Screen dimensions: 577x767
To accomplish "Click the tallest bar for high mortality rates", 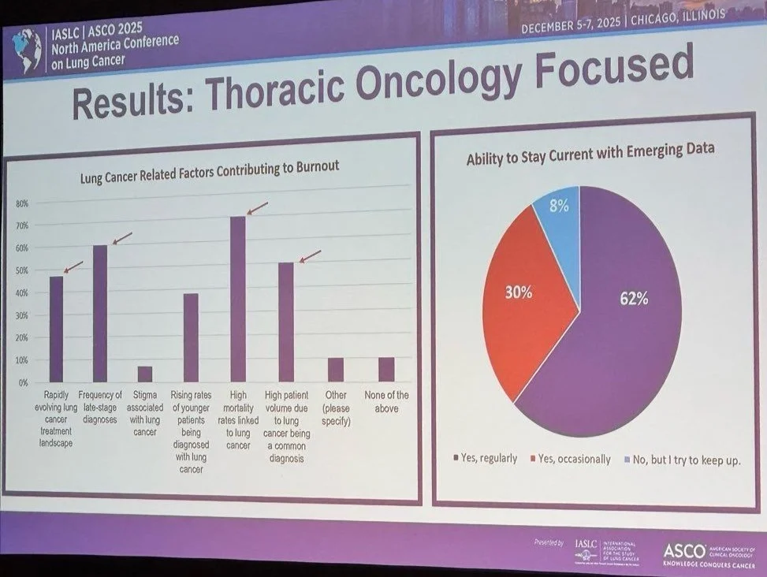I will pos(237,300).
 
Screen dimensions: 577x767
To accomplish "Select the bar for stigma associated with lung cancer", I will pos(145,374).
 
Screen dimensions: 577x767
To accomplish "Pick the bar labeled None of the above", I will pos(385,370).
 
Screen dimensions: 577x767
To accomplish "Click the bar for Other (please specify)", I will pos(336,370).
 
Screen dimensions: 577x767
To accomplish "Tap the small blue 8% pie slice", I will pos(558,209).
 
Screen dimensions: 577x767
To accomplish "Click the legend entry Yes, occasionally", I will pos(573,459).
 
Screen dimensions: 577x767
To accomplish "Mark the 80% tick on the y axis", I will pos(22,203).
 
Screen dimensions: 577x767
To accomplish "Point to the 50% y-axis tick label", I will pos(22,270).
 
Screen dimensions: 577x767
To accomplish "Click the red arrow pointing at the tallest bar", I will pos(258,208).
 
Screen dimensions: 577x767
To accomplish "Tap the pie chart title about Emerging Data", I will pos(590,149).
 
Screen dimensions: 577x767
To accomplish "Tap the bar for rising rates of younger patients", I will pos(191,338).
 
